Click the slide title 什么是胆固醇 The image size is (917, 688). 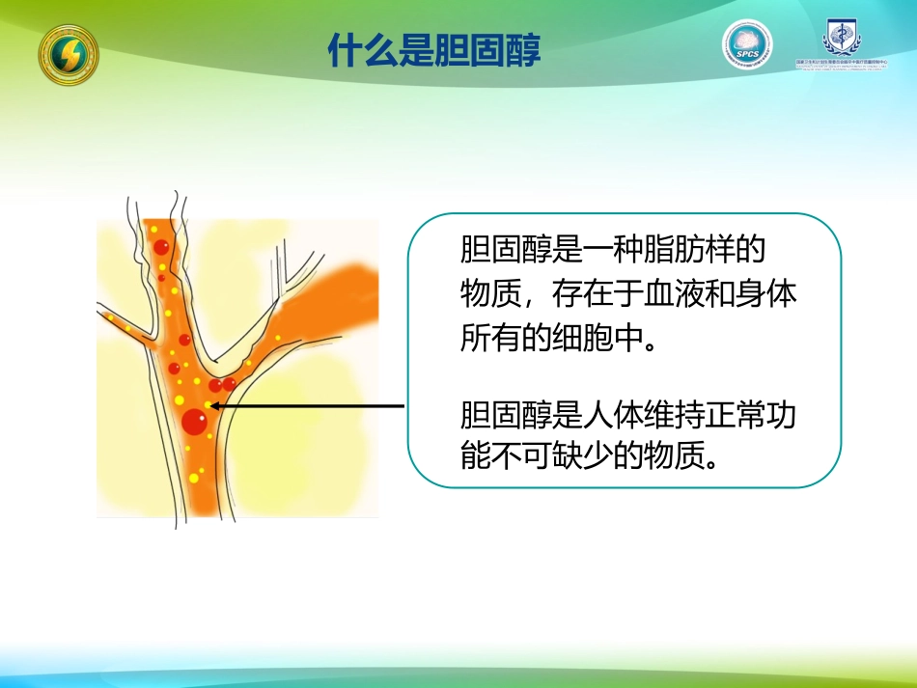[434, 50]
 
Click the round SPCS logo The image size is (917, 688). [747, 44]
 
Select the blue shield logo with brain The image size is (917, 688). [842, 39]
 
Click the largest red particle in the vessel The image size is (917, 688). [195, 422]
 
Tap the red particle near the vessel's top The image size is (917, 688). [161, 248]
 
